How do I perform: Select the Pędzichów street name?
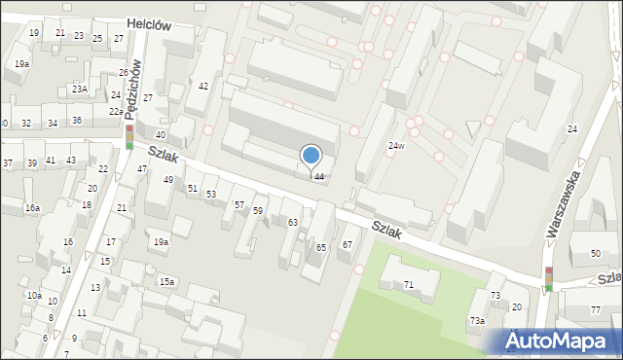[x=137, y=87]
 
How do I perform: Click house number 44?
[x=318, y=176]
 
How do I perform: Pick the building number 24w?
[x=395, y=146]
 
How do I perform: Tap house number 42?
[x=203, y=87]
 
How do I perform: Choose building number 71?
[x=409, y=284]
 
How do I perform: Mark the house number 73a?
[x=477, y=320]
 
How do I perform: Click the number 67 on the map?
[x=347, y=244]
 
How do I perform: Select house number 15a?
[x=167, y=282]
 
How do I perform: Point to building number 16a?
[x=32, y=208]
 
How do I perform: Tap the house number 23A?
[x=80, y=90]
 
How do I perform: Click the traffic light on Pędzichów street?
[x=129, y=136]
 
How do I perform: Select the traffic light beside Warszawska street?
[x=549, y=279]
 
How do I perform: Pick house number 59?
[x=258, y=211]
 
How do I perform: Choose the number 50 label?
[x=595, y=254]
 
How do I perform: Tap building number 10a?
[x=34, y=295]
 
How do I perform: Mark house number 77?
[x=595, y=310]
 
